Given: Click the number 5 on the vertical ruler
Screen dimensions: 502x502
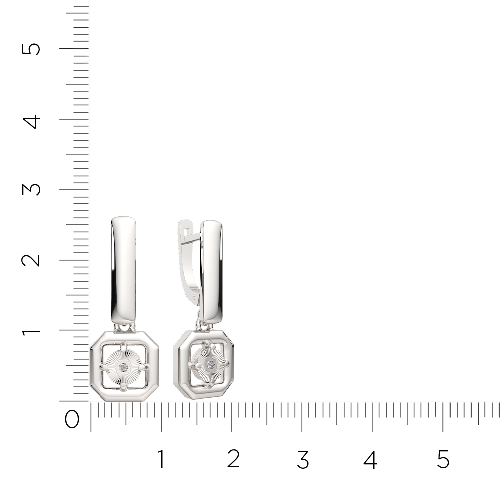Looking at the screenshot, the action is (x=31, y=49).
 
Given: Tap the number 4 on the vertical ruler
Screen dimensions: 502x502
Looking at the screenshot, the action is (x=31, y=122).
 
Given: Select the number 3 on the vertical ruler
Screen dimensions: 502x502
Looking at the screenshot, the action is (x=31, y=189).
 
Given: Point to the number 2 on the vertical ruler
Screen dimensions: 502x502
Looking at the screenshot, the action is (x=31, y=260).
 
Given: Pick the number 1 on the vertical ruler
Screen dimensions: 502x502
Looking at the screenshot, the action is (x=31, y=331).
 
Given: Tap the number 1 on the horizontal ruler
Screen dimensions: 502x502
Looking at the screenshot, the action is (x=161, y=459).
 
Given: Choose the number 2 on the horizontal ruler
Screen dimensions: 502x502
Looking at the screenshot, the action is (x=233, y=459).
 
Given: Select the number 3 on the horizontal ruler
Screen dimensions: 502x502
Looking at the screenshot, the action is (x=303, y=459).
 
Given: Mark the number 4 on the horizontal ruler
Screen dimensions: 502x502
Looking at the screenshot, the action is (x=371, y=459).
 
